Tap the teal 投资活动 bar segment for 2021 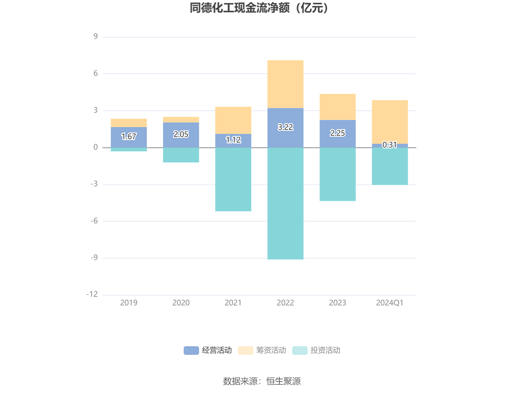233,180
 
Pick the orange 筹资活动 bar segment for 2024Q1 390,122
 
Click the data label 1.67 129,136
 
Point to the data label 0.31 390,145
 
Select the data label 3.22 285,127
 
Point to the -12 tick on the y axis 92,294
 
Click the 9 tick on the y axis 96,37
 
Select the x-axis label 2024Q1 390,303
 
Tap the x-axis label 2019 129,303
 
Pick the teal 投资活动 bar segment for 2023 338,174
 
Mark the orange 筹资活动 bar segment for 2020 181,120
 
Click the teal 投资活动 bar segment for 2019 129,150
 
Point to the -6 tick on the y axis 94,221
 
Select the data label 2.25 338,133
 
